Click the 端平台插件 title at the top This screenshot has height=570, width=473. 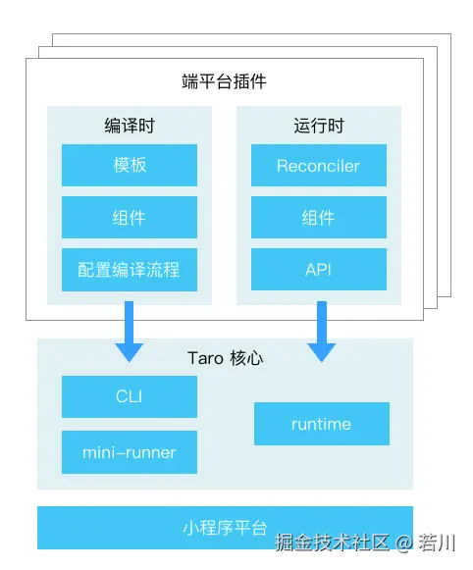225,80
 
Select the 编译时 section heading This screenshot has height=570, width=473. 130,126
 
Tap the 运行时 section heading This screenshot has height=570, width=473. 319,126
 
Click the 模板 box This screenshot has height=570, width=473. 130,165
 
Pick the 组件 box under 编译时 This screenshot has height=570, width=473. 130,217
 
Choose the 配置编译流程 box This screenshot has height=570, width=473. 130,269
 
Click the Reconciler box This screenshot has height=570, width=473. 319,165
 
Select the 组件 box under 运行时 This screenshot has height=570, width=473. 319,217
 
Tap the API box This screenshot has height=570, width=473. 319,269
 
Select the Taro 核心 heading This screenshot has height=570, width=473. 225,358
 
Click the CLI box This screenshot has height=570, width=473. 130,396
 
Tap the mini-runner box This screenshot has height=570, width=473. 130,452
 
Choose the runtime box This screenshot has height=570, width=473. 321,424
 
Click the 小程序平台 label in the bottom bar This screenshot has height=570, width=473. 225,528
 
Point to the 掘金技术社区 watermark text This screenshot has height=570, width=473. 334,542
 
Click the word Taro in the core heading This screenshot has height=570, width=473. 207,358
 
